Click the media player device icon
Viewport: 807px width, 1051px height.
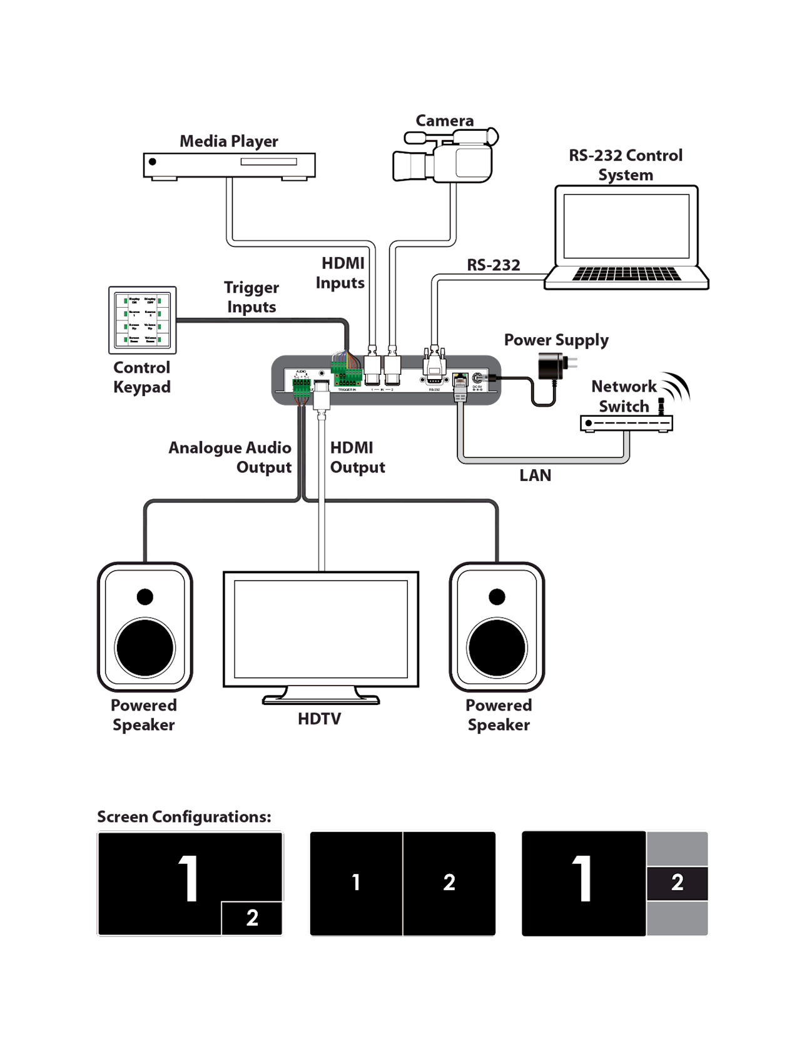click(229, 165)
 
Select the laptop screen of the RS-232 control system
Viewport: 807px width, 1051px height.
click(626, 226)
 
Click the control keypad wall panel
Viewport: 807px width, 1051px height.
click(143, 320)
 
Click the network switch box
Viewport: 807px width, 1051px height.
click(626, 424)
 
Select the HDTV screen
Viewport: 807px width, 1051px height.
click(320, 628)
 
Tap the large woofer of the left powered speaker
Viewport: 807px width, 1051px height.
click(145, 648)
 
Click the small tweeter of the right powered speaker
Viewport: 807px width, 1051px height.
click(497, 597)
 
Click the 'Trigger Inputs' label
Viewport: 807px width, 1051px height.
click(251, 297)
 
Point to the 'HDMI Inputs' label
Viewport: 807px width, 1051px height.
click(341, 273)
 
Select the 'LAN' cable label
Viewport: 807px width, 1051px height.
click(536, 475)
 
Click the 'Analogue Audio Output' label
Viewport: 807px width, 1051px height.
click(231, 457)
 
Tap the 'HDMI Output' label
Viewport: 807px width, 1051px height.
click(357, 457)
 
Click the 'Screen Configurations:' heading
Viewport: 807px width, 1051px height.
click(184, 817)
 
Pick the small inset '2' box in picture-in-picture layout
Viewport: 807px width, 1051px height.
click(252, 918)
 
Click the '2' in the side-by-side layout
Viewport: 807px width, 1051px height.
click(449, 883)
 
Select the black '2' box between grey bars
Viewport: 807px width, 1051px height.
click(677, 883)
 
